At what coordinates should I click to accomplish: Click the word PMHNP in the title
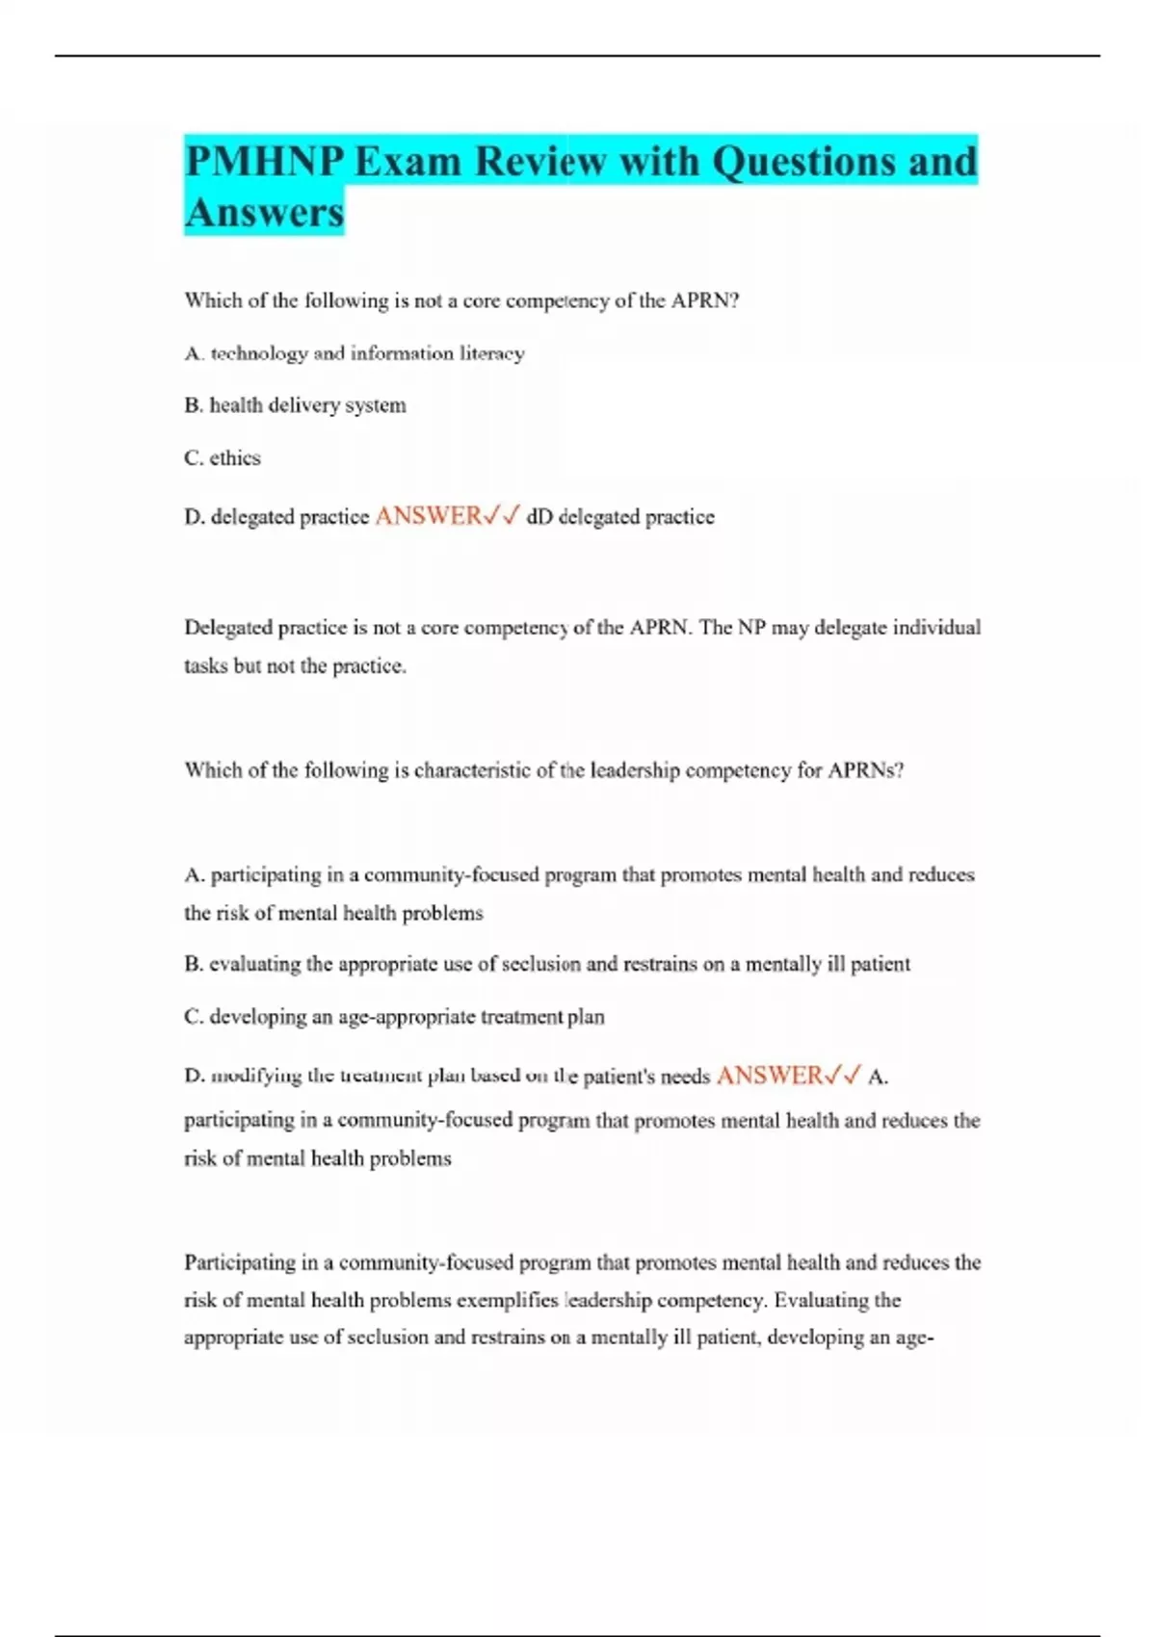(264, 161)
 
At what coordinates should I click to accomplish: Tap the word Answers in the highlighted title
(264, 212)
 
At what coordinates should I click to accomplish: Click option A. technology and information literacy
(355, 353)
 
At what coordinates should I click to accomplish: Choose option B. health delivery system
(295, 405)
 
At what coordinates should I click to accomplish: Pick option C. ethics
(223, 458)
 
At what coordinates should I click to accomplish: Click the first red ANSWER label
(429, 516)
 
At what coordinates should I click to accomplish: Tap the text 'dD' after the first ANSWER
(539, 517)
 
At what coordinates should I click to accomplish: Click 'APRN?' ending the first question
(705, 300)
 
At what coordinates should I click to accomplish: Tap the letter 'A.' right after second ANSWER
(878, 1077)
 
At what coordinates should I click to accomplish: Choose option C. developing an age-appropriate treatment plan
(394, 1017)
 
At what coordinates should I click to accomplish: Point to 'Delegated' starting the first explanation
(227, 628)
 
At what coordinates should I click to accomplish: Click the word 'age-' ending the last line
(914, 1338)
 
